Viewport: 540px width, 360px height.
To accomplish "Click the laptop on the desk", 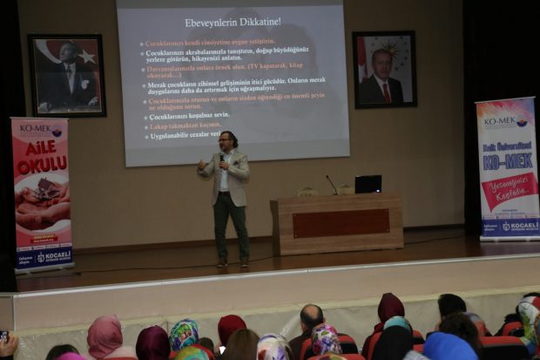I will [x=368, y=184].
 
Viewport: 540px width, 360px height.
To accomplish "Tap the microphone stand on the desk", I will [x=332, y=185].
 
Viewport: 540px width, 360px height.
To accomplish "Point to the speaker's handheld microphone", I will [x=223, y=160].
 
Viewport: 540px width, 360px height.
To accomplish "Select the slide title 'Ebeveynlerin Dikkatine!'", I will [x=233, y=22].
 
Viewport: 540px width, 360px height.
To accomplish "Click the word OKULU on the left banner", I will [x=42, y=165].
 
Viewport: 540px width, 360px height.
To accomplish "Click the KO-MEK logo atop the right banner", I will [x=504, y=120].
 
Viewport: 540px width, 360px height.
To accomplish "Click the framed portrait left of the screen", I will [x=67, y=76].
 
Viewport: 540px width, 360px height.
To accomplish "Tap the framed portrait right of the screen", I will [x=383, y=70].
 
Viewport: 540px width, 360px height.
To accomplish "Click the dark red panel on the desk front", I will [x=335, y=223].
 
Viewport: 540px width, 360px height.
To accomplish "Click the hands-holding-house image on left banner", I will [x=42, y=200].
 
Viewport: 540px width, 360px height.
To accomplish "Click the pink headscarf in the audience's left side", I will [x=105, y=335].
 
